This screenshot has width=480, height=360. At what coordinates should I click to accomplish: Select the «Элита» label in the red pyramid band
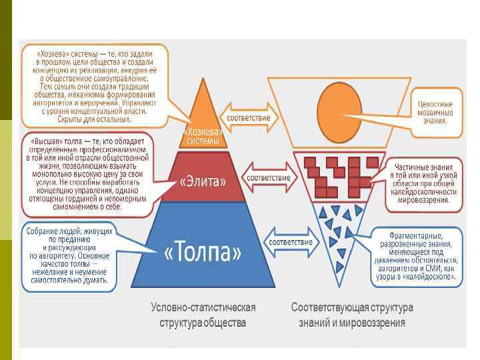tap(204, 181)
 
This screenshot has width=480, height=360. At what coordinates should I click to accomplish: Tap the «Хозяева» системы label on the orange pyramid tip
tap(203, 136)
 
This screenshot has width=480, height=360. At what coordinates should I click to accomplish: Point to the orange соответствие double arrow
tap(249, 117)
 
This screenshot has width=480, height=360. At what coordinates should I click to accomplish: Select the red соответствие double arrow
tap(269, 178)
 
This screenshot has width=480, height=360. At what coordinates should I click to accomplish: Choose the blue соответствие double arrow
tap(290, 242)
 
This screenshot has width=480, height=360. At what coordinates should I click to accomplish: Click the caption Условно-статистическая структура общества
tap(203, 315)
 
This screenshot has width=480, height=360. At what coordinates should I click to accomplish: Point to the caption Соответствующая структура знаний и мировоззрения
tap(352, 315)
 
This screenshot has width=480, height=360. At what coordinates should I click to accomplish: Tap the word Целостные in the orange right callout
tap(435, 105)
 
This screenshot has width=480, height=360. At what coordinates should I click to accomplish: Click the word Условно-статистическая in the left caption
tap(203, 307)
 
